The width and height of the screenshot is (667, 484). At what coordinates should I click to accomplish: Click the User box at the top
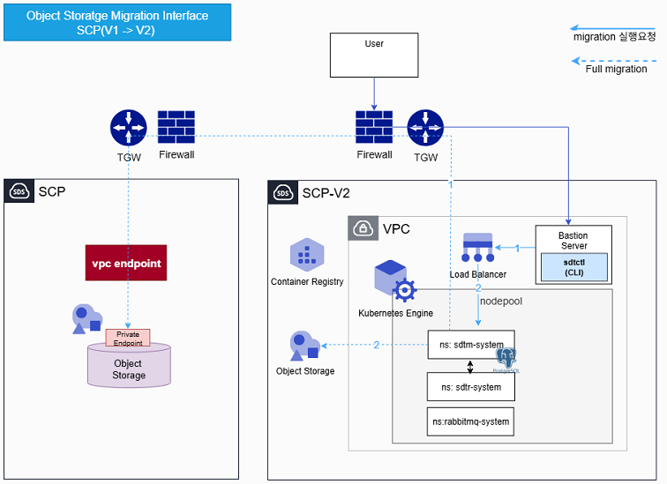[374, 55]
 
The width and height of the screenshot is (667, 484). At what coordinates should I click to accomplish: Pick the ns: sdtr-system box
[470, 387]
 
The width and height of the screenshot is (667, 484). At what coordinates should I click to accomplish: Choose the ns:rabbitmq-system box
[470, 421]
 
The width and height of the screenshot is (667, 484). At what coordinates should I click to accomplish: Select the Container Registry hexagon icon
[307, 257]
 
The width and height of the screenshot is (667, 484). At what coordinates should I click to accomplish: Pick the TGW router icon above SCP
[128, 129]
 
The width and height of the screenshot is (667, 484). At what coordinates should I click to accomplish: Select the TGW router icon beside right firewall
[425, 129]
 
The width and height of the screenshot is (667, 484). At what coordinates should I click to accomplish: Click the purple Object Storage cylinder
[128, 364]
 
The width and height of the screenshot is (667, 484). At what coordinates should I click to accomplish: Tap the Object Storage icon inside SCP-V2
[305, 345]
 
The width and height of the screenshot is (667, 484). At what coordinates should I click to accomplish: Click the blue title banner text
[116, 23]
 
